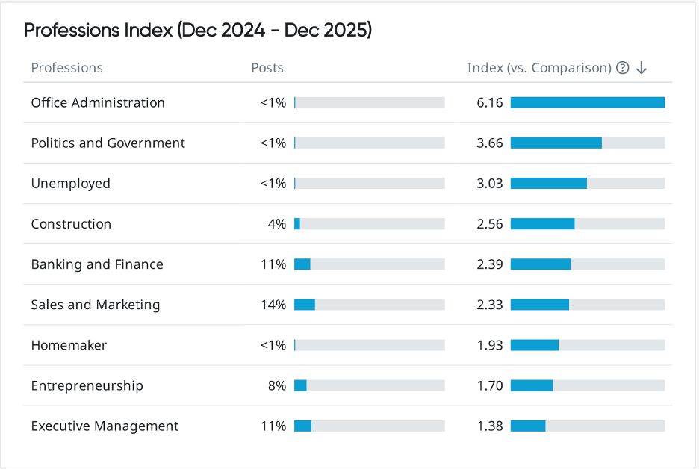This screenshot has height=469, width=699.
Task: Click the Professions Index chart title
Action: pyautogui.click(x=198, y=31)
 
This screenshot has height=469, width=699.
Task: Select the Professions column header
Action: pyautogui.click(x=67, y=68)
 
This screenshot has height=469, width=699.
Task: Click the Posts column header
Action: pyautogui.click(x=267, y=68)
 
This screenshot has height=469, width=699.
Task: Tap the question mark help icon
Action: pyautogui.click(x=622, y=68)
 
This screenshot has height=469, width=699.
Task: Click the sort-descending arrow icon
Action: pyautogui.click(x=641, y=68)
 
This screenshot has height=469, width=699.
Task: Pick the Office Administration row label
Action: pyautogui.click(x=98, y=103)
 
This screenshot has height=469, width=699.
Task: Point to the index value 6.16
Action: pyautogui.click(x=490, y=103)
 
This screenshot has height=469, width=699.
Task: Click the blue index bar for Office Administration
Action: pyautogui.click(x=587, y=103)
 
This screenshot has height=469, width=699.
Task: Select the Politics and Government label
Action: pyautogui.click(x=108, y=143)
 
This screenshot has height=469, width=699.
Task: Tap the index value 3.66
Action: pyautogui.click(x=490, y=143)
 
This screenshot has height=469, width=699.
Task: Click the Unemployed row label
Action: pyautogui.click(x=70, y=184)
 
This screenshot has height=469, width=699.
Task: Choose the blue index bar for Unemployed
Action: pyautogui.click(x=548, y=184)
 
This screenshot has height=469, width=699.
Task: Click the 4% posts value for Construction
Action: pyautogui.click(x=277, y=224)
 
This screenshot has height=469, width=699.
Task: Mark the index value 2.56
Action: pyautogui.click(x=490, y=224)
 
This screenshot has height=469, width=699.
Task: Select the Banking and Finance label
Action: pyautogui.click(x=97, y=264)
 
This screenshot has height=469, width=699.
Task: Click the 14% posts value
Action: pyautogui.click(x=274, y=305)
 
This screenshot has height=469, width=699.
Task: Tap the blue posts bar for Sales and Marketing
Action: pyautogui.click(x=305, y=305)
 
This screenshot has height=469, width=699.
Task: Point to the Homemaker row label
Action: pyautogui.click(x=69, y=345)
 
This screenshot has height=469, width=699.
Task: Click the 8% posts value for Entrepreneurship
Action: pyautogui.click(x=277, y=386)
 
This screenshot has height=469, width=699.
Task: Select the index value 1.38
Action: pyautogui.click(x=490, y=426)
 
